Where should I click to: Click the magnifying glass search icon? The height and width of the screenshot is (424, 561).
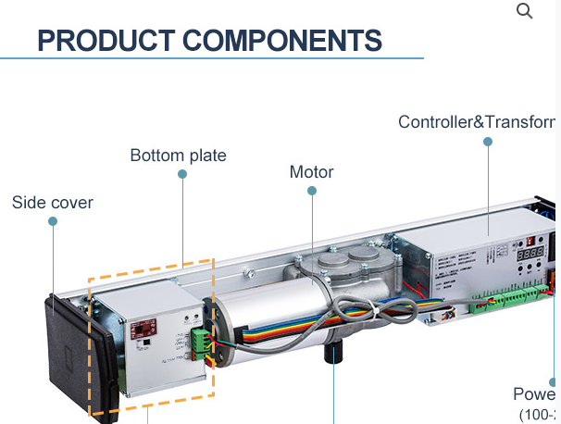pos(524,11)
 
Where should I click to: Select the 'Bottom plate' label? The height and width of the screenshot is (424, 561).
pos(178,156)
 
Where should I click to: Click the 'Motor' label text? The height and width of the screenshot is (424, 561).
pos(311,172)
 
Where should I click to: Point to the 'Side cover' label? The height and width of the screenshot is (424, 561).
pos(52,202)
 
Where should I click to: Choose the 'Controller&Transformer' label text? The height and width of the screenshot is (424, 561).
pos(476,122)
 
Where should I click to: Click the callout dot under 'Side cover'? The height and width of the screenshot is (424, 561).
pos(53,221)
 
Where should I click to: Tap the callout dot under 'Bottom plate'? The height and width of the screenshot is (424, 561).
pos(182,173)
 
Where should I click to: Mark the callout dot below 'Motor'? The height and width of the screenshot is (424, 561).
pos(312,192)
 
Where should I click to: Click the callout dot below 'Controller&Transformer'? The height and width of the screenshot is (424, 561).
pos(488,142)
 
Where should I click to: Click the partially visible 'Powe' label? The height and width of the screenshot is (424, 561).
pos(535,394)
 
